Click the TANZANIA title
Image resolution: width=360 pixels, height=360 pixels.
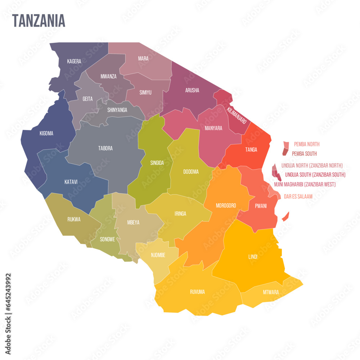(x=39, y=21)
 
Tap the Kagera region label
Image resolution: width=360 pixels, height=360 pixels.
(x=74, y=61)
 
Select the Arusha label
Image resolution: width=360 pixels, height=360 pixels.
(x=192, y=90)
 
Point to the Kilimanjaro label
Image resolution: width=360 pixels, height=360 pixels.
(x=237, y=115)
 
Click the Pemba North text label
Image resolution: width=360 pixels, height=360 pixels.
(x=307, y=144)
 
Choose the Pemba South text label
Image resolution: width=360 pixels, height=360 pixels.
(x=304, y=153)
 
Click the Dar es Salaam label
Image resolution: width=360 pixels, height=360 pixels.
(x=298, y=197)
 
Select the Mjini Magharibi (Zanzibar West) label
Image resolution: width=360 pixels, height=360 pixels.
(x=305, y=184)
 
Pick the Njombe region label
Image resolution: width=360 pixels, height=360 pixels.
(x=158, y=255)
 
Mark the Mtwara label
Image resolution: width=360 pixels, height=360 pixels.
(x=271, y=292)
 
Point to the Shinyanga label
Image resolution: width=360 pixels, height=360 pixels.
(x=117, y=110)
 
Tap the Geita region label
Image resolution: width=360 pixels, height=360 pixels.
(x=87, y=99)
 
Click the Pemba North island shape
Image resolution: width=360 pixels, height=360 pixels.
(x=286, y=145)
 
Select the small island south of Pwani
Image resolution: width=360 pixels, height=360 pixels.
(x=285, y=217)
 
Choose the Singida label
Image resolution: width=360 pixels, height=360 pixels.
(x=157, y=163)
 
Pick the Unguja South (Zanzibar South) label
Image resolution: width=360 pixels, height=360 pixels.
(x=315, y=175)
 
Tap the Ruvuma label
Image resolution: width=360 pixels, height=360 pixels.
(x=197, y=292)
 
